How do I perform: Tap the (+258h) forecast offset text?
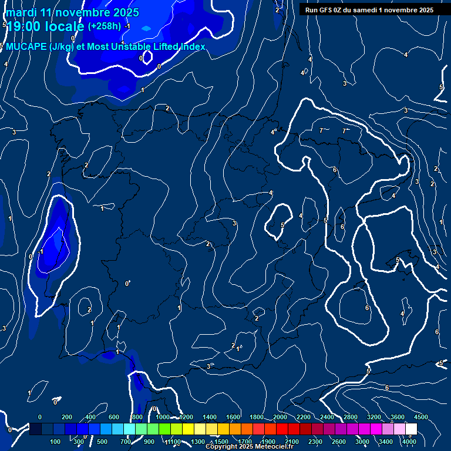pyautogui.click(x=105, y=26)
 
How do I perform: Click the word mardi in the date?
pyautogui.click(x=21, y=12)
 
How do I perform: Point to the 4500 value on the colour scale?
pyautogui.click(x=421, y=417)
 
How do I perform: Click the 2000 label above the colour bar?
pyautogui.click(x=280, y=417)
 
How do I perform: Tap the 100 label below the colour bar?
pyautogui.click(x=56, y=442)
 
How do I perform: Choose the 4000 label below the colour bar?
pyautogui.click(x=410, y=442)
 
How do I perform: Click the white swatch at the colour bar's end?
pyautogui.click(x=411, y=429)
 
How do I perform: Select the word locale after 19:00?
pyautogui.click(x=65, y=26)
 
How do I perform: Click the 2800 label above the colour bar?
pyautogui.click(x=351, y=417)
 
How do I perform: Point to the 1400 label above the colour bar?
pyautogui.click(x=210, y=417)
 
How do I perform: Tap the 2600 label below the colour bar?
pyautogui.click(x=339, y=442)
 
